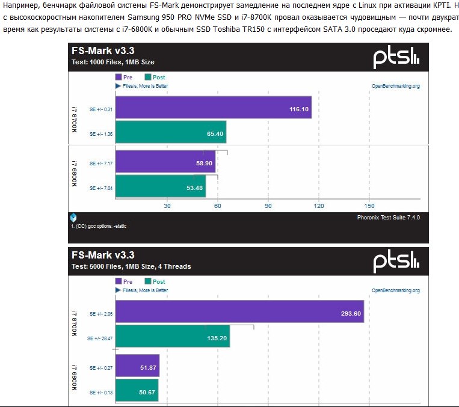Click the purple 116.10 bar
coord(214,109)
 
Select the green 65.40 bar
coord(170,133)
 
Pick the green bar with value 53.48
coord(161,188)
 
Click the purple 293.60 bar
coord(239,313)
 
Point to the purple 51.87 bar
coord(137,367)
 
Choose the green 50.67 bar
coord(137,392)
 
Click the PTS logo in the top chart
coord(395,58)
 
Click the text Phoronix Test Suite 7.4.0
coord(389,217)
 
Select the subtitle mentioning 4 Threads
coord(132,266)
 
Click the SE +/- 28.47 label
coord(100,337)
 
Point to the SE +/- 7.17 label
coord(100,163)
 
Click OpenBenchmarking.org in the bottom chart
coord(396,290)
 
